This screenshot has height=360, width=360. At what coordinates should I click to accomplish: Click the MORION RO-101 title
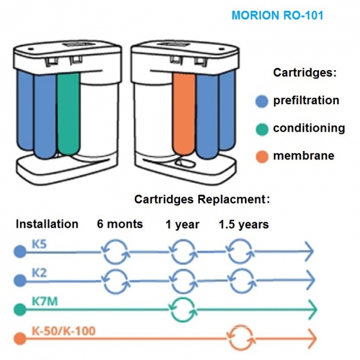pos(277,15)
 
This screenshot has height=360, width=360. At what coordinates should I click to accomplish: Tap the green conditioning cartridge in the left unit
pos(68,114)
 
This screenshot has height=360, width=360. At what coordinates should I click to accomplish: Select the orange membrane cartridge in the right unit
pos(184,114)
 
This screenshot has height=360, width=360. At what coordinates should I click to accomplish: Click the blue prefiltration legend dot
pos(262,102)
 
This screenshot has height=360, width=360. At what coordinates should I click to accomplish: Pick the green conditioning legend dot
pos(262,129)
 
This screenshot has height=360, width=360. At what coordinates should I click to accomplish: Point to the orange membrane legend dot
pos(262,157)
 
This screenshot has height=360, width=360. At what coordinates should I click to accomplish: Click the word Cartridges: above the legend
pos(305,73)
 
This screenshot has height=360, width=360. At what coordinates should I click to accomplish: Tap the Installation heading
pos(47,224)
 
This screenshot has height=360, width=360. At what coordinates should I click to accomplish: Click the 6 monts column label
pos(120,224)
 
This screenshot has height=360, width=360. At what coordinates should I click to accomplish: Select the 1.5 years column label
pos(244,224)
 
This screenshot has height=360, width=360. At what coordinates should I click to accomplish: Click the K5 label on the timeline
pos(39,244)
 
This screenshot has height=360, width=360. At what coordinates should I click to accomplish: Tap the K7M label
pos(44,301)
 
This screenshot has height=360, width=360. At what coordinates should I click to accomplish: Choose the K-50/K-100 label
pos(64,331)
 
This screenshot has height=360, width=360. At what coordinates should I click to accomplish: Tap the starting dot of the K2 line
pos(20,280)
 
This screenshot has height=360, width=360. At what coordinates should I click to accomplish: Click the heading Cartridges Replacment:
pos(202,199)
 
